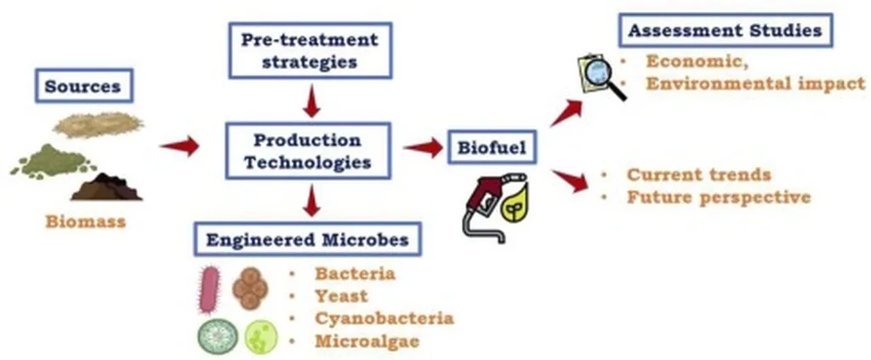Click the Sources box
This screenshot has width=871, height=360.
pos(82,87)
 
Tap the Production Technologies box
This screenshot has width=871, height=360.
pos(308,151)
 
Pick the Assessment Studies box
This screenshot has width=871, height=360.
pos(725,31)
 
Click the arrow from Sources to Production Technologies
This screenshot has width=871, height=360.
pos(179,146)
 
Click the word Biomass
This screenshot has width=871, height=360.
pos(85,223)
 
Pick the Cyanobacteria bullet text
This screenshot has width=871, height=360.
pos(384,318)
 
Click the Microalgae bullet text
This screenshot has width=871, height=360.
pos(367,341)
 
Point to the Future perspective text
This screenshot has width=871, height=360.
pos(718,197)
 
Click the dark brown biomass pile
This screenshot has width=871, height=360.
pos(106,186)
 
